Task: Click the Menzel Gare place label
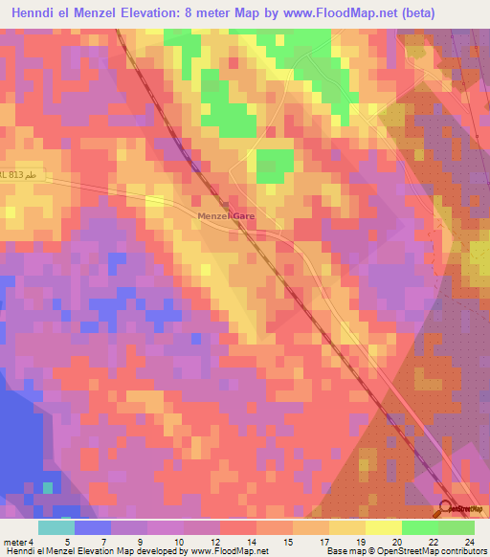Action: [227, 217]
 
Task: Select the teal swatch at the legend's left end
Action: [56, 527]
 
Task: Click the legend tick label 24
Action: [468, 542]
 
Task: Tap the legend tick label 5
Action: [67, 542]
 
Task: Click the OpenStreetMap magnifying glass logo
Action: [447, 506]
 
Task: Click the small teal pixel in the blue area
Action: [48, 488]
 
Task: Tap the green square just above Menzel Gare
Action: [275, 162]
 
